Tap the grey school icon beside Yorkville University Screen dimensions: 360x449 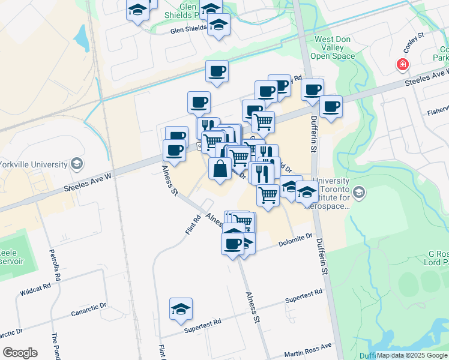pyautogui.click(x=76, y=163)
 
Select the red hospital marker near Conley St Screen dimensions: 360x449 pyautogui.click(x=402, y=65)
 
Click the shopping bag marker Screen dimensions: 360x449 pyautogui.click(x=220, y=169)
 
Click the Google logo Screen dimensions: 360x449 pyautogui.click(x=20, y=353)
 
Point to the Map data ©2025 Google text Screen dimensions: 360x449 pyautogui.click(x=411, y=355)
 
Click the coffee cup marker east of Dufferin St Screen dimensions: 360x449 pyautogui.click(x=331, y=107)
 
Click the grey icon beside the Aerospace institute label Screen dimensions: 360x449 pyautogui.click(x=359, y=192)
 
